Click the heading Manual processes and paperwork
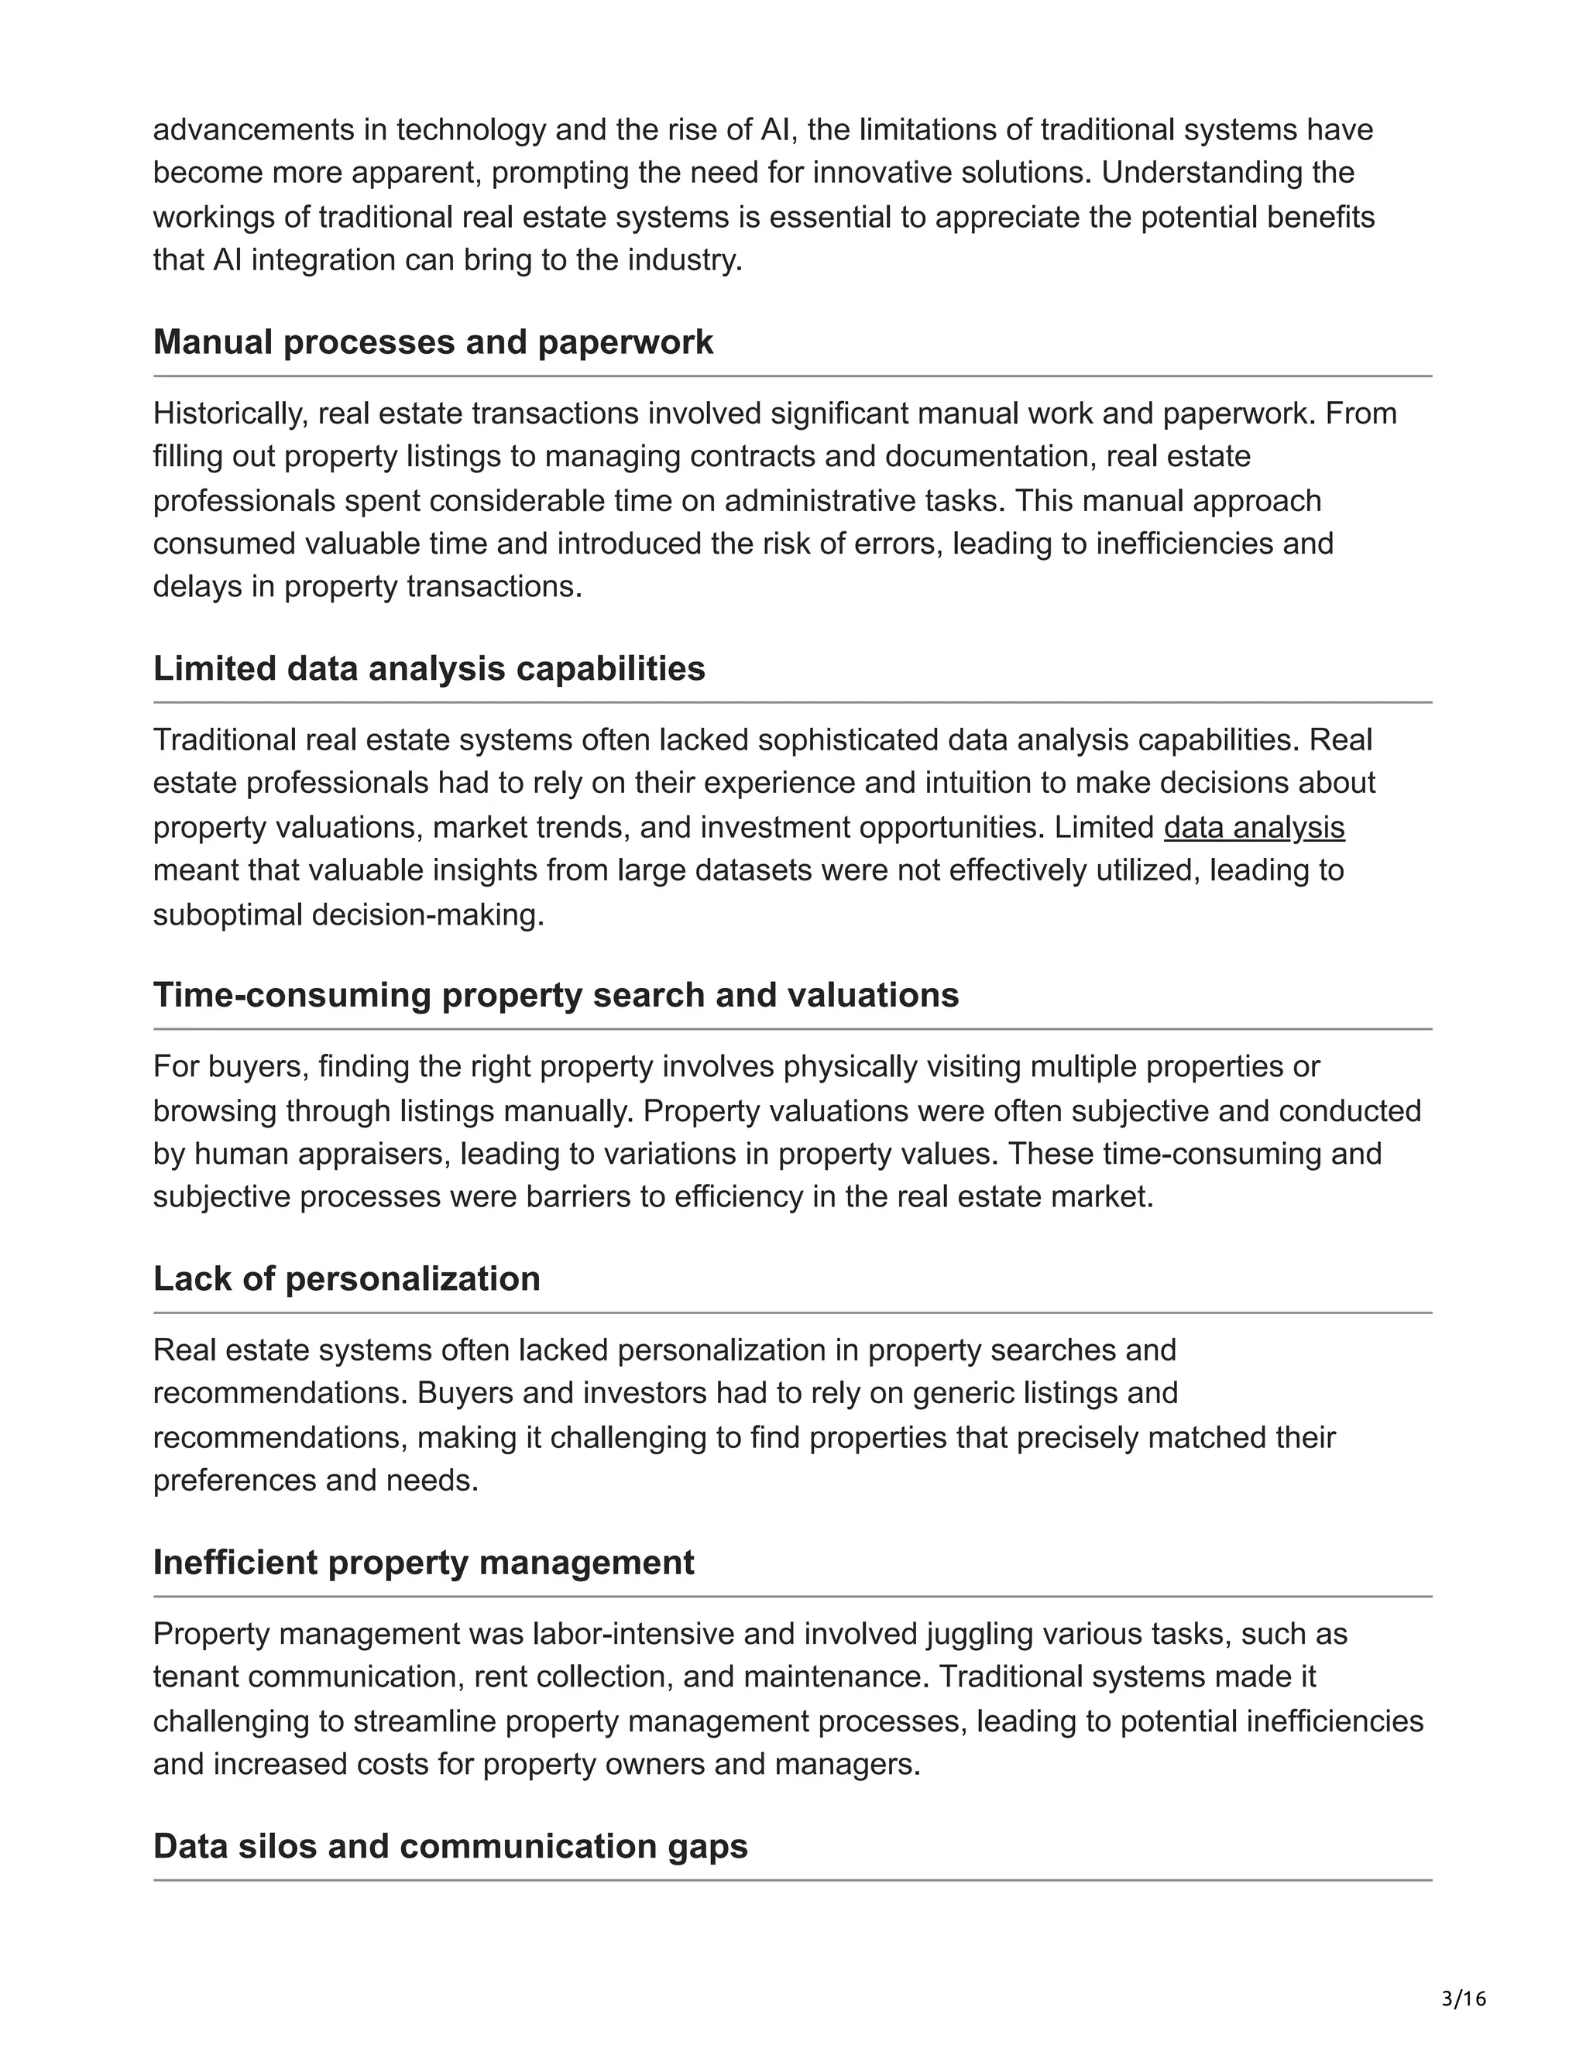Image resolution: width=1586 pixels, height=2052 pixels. [432, 342]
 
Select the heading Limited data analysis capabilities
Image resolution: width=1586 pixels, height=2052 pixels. [428, 668]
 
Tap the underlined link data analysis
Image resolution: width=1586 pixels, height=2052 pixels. [1254, 827]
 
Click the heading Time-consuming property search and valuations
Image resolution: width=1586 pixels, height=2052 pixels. [555, 995]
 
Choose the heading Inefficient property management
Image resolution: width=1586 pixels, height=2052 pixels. [423, 1563]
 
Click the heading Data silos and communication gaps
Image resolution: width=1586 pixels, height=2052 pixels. [450, 1846]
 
